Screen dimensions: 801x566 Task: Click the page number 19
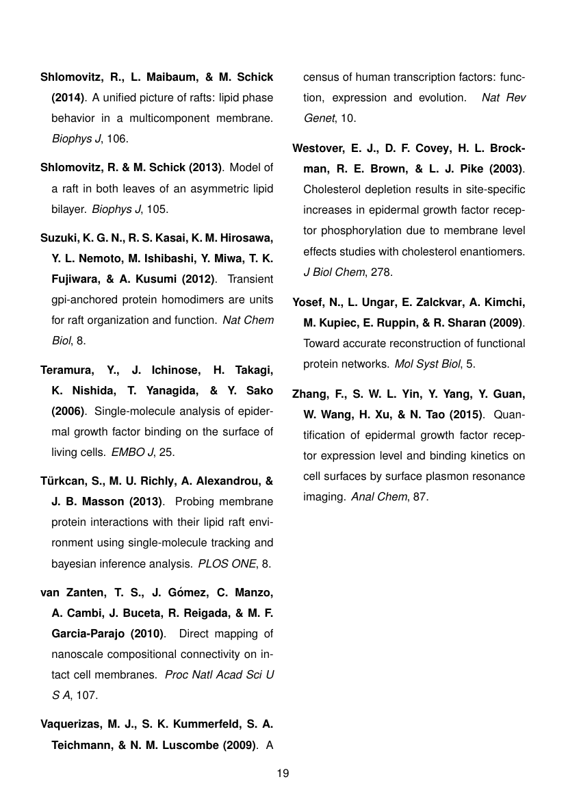(283, 774)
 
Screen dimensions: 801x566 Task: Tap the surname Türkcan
(62, 481)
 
